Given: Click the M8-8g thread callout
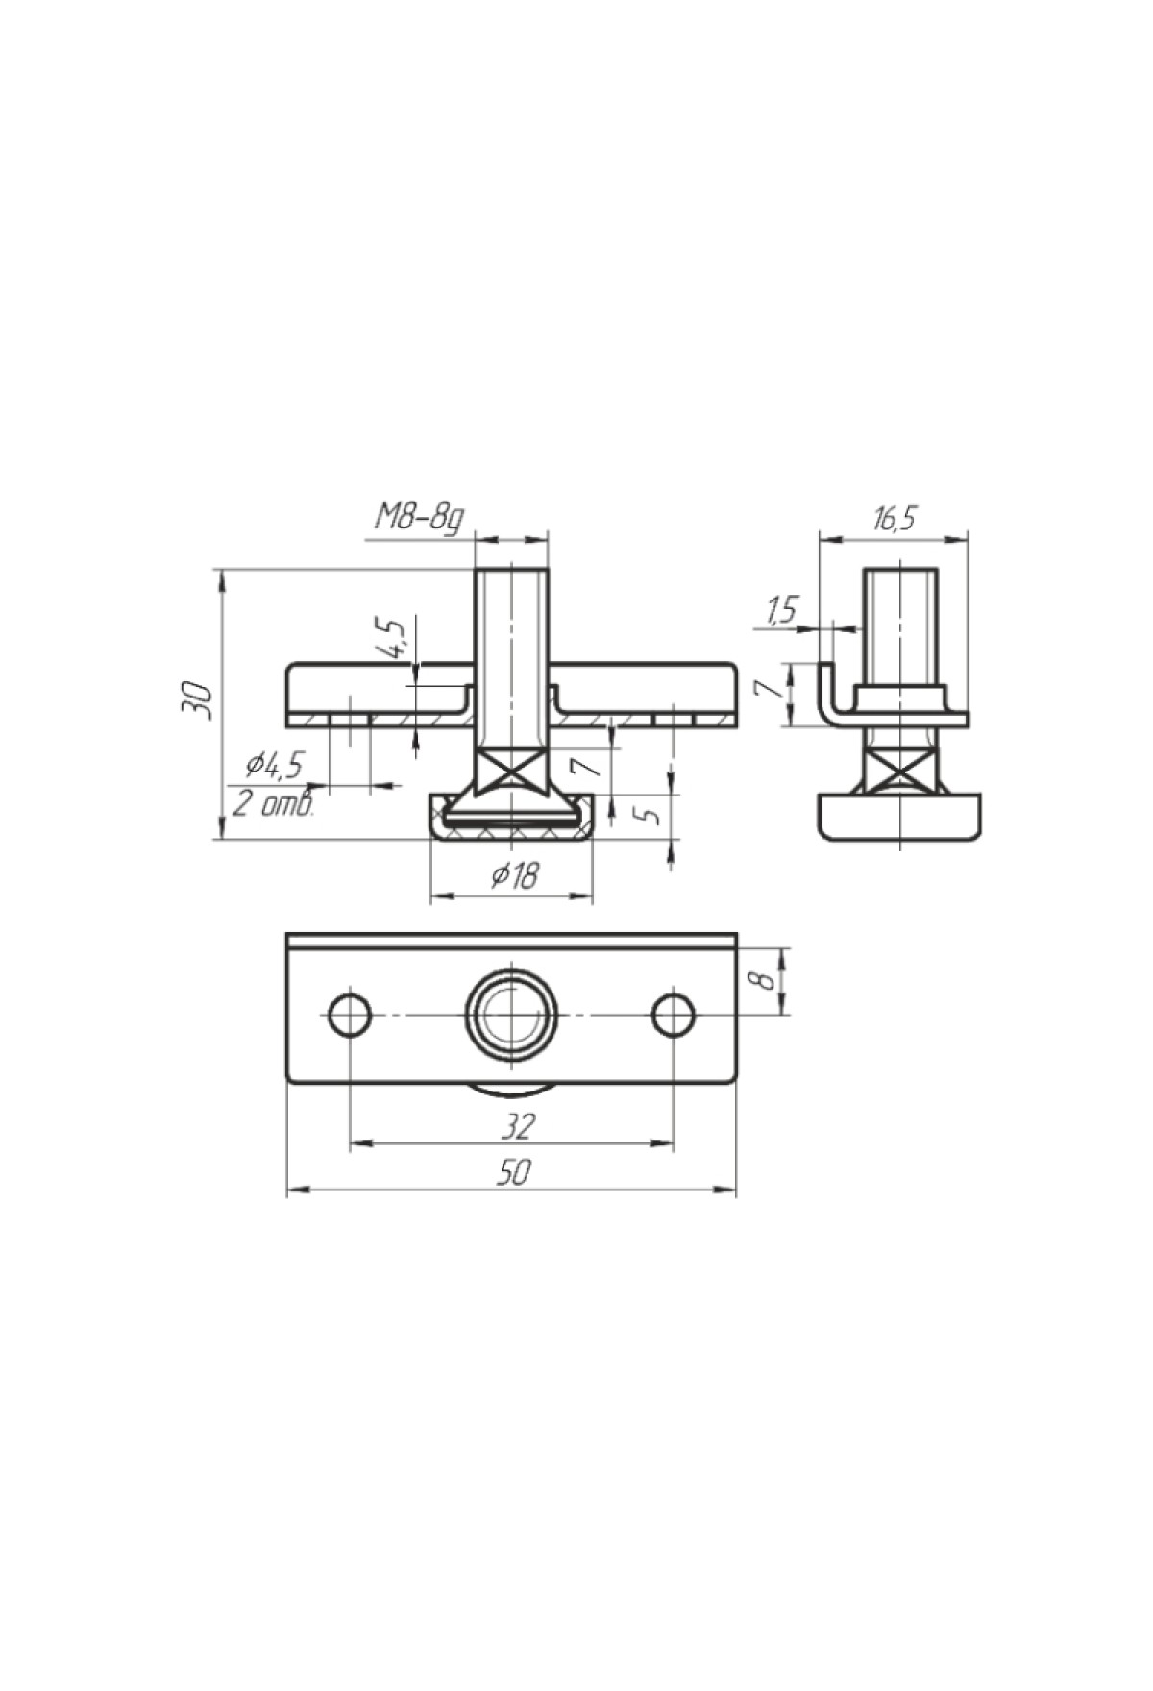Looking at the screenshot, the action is coord(419,520).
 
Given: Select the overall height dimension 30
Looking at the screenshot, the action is coord(196,699).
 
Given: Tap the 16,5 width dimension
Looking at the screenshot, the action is coord(894,519).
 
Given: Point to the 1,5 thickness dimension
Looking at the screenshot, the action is coord(783,610).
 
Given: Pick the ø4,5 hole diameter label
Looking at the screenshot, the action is coord(274,765).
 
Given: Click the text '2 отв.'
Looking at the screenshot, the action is coord(274,803).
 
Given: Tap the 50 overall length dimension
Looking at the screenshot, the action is coord(515,1172).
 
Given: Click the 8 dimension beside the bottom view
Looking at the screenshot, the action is coord(764,980).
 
